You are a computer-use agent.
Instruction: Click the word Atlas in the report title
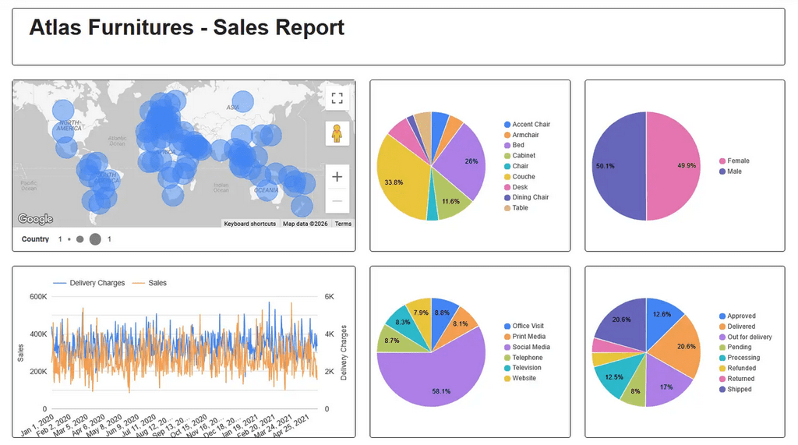55,28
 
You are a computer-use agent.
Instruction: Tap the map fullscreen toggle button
337,97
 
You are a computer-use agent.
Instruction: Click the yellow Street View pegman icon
337,133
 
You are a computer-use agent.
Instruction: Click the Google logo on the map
35,219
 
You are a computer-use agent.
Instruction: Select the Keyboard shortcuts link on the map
249,224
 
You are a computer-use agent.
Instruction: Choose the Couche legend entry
523,177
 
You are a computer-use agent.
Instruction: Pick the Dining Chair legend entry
530,197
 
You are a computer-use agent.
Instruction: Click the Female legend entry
737,161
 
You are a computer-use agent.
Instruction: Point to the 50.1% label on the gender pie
605,166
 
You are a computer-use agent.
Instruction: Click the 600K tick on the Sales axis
38,296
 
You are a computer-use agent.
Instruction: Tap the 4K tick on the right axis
329,334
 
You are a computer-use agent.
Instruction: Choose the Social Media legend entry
531,347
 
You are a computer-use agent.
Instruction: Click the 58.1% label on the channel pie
441,391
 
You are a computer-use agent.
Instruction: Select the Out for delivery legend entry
749,337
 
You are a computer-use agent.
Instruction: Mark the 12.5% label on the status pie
613,376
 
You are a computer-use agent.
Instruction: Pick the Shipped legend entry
740,389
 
